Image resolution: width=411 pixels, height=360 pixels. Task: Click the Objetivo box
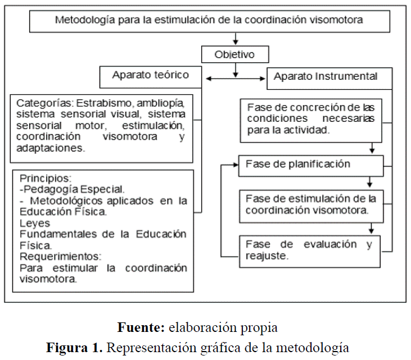pyautogui.click(x=235, y=54)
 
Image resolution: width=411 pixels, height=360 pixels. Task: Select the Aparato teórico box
pyautogui.click(x=150, y=75)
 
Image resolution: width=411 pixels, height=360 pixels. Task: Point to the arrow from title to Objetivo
pyautogui.click(x=236, y=39)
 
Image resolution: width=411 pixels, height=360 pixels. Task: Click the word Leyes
pyautogui.click(x=31, y=224)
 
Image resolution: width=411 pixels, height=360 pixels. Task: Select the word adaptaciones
pyautogui.click(x=50, y=149)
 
